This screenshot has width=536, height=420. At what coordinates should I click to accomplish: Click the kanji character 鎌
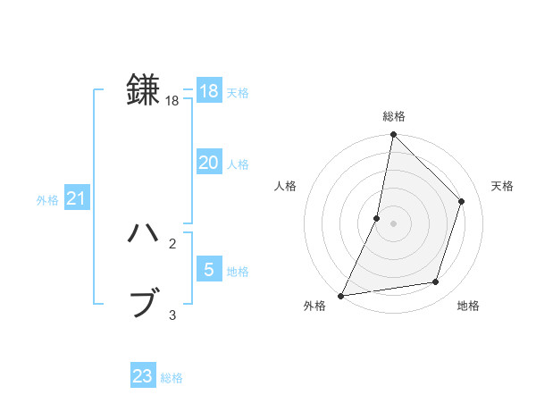coord(143,89)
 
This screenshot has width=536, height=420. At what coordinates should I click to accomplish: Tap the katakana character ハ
coord(143,233)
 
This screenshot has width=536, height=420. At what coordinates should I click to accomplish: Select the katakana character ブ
coord(143,303)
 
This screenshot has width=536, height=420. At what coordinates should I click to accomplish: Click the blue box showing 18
coord(208,91)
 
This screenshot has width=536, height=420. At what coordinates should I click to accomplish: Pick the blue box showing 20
coord(208,163)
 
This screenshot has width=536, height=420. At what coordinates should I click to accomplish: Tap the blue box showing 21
coord(76,198)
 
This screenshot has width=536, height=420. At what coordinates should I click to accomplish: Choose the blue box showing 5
coord(208,269)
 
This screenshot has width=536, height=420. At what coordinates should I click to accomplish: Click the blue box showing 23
coord(143,376)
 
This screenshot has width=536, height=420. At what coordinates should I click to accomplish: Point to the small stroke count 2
coord(172,244)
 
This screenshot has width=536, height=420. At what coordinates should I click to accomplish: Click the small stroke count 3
coord(172,315)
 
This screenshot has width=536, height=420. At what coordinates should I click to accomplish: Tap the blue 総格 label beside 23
coord(172,378)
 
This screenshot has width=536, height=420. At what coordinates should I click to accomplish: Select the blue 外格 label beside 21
coord(47,200)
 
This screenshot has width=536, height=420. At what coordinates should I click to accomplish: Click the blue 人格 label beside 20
coord(238,164)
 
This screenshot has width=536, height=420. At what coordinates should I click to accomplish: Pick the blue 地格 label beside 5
coord(238,272)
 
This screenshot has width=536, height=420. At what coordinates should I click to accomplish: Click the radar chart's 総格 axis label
coord(393,116)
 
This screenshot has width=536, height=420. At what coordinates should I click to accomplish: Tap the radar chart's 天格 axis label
coord(502,186)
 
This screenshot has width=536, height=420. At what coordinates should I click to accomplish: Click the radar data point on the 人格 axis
coord(377,218)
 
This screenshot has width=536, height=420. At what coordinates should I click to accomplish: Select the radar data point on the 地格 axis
coord(436,282)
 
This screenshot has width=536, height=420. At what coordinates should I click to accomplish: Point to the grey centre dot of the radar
coord(393,223)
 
